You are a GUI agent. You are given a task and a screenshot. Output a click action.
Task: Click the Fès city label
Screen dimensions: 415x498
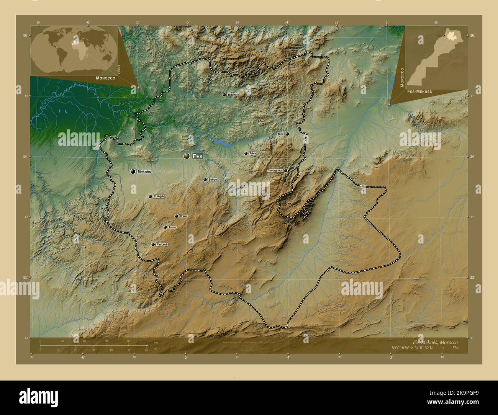pyautogui.click(x=197, y=156)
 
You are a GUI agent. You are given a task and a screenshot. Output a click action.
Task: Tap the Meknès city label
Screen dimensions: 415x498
pyautogui.click(x=144, y=172)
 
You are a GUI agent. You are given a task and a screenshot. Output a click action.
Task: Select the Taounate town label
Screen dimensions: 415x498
pyautogui.click(x=233, y=95)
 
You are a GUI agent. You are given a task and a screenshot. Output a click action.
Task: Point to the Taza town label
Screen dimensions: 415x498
pyautogui.click(x=280, y=134)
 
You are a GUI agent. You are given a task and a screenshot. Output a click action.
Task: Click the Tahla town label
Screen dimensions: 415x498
pyautogui.click(x=252, y=154)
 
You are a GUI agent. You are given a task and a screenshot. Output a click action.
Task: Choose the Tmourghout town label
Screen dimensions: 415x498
pyautogui.click(x=275, y=170)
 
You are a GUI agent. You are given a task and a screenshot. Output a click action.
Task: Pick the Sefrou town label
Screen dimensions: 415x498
pyautogui.click(x=213, y=180)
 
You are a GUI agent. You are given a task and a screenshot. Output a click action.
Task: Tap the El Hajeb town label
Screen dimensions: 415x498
pyautogui.click(x=159, y=196)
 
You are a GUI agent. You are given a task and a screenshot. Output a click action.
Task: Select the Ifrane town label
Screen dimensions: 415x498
pyautogui.click(x=183, y=216)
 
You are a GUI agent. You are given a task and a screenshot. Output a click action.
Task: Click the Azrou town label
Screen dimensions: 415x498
pyautogui.click(x=172, y=227)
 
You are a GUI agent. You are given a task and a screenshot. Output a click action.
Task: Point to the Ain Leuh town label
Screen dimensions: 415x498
pyautogui.click(x=161, y=244)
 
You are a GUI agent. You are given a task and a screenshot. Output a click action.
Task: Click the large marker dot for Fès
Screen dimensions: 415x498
pyautogui.click(x=187, y=156)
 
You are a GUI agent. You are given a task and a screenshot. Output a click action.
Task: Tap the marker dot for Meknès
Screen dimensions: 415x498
pyautogui.click(x=133, y=172)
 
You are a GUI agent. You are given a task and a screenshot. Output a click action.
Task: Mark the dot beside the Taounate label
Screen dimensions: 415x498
pyautogui.click(x=224, y=95)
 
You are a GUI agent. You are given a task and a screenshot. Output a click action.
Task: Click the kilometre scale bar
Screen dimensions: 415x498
pyautogui.click(x=94, y=346)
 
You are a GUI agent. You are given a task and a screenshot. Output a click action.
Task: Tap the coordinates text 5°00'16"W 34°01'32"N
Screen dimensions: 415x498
pyautogui.click(x=412, y=348)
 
